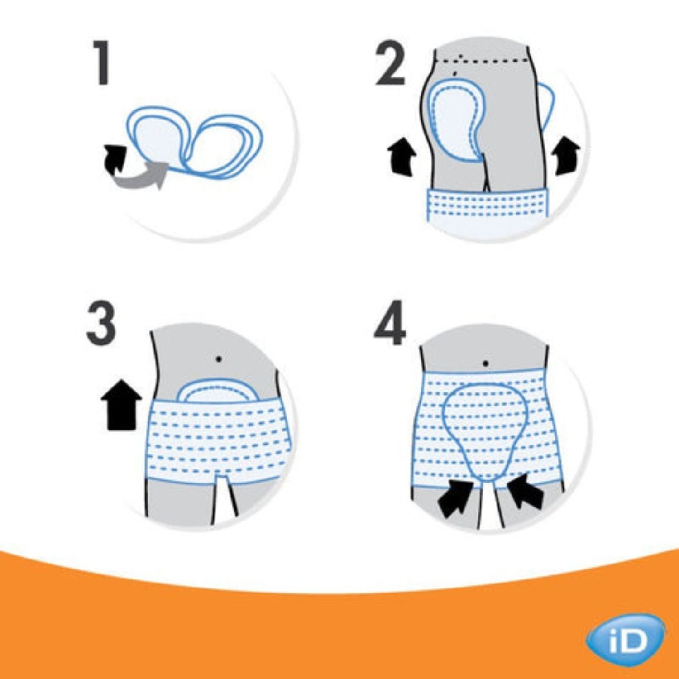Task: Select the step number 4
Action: coord(390,323)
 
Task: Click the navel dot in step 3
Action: coord(219,359)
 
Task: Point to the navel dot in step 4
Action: coord(485,363)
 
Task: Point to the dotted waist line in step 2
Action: coord(484,60)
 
